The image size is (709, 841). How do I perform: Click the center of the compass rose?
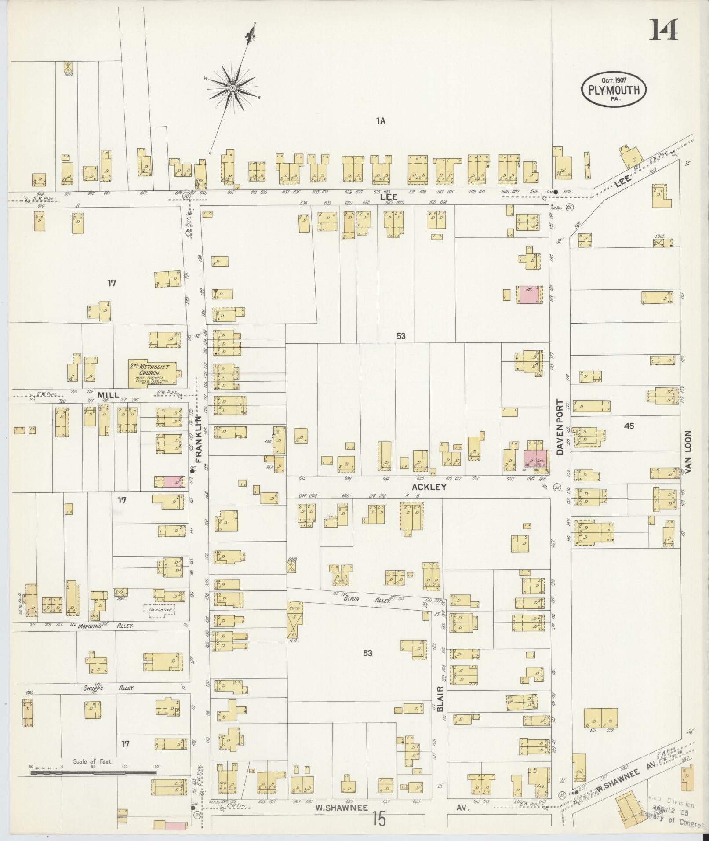pyautogui.click(x=232, y=88)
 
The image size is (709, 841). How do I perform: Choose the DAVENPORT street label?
pyautogui.click(x=560, y=427)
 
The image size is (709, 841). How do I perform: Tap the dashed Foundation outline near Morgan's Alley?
pyautogui.click(x=159, y=611)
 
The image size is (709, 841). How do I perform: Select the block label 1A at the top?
pyautogui.click(x=381, y=121)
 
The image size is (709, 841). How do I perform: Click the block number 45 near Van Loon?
pyautogui.click(x=629, y=426)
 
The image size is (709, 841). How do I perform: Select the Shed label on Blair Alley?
pyautogui.click(x=294, y=608)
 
